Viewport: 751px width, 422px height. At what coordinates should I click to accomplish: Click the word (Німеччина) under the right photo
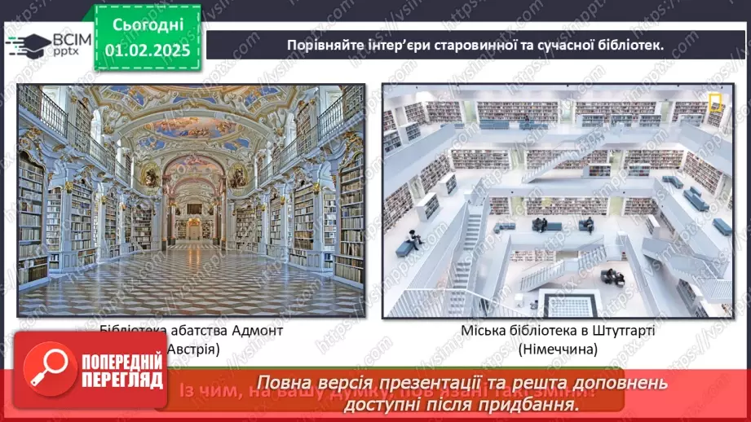(x=557, y=349)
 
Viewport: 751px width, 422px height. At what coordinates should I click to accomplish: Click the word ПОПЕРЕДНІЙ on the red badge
(x=121, y=365)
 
